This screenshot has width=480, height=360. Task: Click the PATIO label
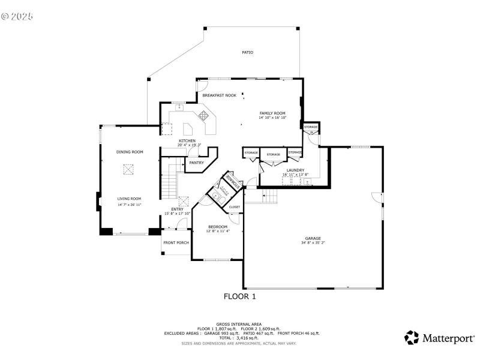(247, 53)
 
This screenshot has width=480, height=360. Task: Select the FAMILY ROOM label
(272, 113)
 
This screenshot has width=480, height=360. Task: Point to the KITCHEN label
(187, 141)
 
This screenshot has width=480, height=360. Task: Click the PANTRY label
(196, 163)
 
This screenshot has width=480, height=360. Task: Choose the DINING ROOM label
(130, 152)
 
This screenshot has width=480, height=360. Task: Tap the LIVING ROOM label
(129, 199)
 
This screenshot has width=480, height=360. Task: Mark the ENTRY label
(177, 209)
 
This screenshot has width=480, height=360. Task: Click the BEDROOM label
(217, 226)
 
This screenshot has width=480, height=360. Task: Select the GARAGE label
(312, 238)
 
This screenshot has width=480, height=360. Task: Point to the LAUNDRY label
(296, 170)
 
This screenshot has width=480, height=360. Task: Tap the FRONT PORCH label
(176, 242)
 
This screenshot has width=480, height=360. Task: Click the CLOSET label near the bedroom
(235, 207)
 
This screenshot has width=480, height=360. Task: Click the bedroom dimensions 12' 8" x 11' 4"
(217, 231)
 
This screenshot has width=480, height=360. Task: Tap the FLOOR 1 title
(240, 296)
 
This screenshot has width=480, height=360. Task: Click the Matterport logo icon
(412, 338)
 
